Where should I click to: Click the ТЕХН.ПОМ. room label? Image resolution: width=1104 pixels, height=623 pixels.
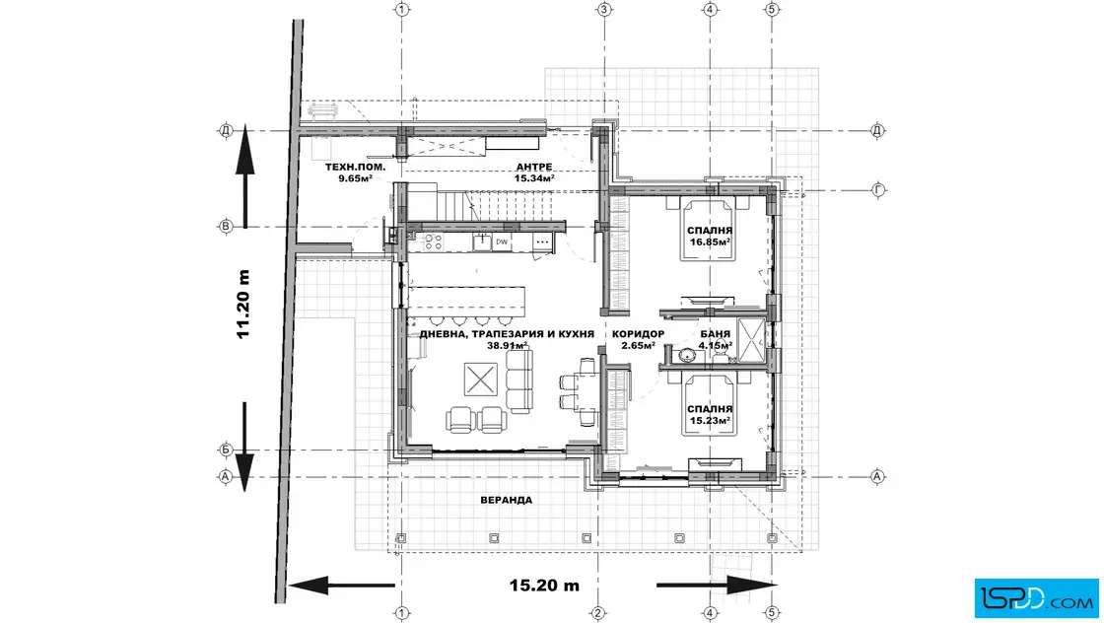(x=355, y=167)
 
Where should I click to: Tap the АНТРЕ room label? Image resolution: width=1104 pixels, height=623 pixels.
(x=533, y=167)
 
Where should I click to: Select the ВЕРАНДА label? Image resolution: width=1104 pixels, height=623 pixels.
(x=507, y=500)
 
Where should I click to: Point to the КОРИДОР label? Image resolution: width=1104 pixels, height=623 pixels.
(x=638, y=333)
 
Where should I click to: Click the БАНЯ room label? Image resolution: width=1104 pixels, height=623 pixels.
(x=715, y=333)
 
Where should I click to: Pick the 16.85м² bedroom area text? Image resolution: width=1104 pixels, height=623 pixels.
(x=710, y=242)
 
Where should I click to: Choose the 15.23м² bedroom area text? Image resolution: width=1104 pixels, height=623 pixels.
(x=710, y=420)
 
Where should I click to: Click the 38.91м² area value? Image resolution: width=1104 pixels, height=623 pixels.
(x=508, y=346)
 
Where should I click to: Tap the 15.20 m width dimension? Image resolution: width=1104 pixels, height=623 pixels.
(x=544, y=585)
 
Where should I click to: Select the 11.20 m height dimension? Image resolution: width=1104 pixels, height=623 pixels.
(x=243, y=305)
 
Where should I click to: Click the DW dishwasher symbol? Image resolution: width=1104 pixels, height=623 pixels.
(x=502, y=242)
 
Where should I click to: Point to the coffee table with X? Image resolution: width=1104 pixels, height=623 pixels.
(x=481, y=381)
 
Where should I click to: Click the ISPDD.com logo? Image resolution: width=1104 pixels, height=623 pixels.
(x=1036, y=598)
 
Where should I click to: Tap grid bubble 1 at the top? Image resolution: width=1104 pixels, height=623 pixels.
(x=402, y=9)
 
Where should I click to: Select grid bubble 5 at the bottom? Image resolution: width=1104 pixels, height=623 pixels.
(x=772, y=613)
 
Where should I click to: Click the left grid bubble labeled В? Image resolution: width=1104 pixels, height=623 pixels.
(x=226, y=227)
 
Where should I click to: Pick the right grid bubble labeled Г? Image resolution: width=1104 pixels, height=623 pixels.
(x=878, y=189)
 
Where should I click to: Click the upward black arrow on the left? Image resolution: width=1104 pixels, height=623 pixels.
(x=244, y=175)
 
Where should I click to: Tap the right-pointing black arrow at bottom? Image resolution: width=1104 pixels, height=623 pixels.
(x=717, y=585)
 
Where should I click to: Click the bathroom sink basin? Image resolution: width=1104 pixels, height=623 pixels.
(x=687, y=355)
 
